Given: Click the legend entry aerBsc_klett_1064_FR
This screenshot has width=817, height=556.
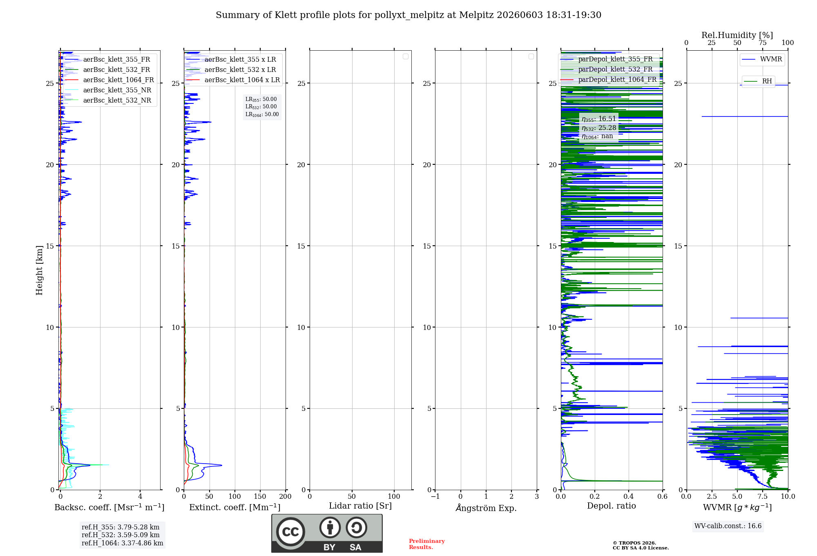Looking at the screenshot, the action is [x=109, y=80].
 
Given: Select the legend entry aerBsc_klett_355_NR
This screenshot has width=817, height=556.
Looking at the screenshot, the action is [x=108, y=90].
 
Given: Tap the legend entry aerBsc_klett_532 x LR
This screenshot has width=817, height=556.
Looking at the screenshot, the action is [x=231, y=70].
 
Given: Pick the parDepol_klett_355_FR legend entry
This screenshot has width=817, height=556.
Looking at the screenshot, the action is [x=607, y=59].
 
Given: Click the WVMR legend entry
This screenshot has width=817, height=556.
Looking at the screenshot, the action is [x=762, y=59].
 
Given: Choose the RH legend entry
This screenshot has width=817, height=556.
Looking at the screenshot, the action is [x=758, y=81].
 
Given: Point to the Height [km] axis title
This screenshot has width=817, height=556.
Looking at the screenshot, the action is [x=39, y=270].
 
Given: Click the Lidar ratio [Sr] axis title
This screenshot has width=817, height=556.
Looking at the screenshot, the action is [x=360, y=506].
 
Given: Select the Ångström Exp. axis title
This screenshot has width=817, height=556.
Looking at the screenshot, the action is [x=486, y=508].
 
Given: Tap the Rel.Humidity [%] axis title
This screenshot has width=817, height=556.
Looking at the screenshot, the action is [x=737, y=36].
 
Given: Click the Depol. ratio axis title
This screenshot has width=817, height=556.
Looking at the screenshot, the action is [x=612, y=506].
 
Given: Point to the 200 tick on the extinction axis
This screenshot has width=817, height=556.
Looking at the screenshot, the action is [x=286, y=497].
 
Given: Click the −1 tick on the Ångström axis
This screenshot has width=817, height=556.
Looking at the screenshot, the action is [x=435, y=497].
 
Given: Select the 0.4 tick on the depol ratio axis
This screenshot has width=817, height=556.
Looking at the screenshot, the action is [x=629, y=497].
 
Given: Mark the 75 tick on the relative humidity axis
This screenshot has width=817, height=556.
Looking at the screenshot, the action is [x=763, y=43].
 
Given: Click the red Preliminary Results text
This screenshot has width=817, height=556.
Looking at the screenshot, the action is [x=427, y=544].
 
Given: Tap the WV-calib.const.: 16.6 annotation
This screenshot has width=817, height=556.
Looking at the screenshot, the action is [x=728, y=526].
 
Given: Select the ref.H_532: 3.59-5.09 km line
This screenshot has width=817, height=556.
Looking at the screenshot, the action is [x=121, y=535].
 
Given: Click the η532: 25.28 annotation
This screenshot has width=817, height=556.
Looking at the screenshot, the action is [x=599, y=128].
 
